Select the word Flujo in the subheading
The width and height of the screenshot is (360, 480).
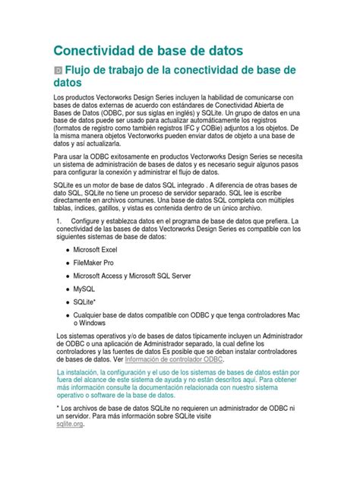(x=87, y=71)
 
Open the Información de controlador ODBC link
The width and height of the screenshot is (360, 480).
(x=175, y=359)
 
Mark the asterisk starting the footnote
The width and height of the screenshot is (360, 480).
(x=59, y=408)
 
